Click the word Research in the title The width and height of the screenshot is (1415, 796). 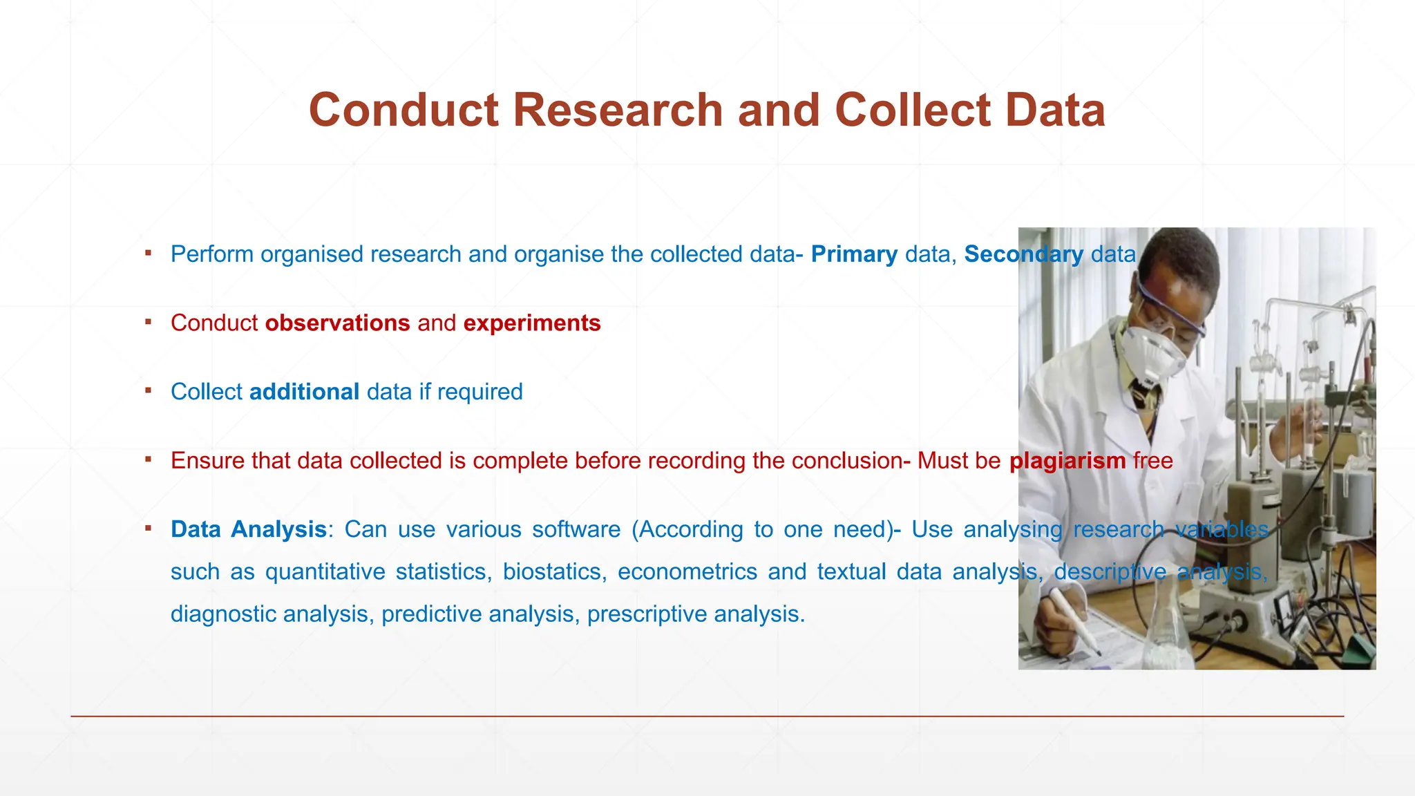[617, 111]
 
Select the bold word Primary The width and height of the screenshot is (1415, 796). [854, 254]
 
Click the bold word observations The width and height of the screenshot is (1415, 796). [337, 323]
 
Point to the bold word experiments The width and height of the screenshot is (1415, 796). [532, 323]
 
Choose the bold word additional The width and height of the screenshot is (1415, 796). [304, 392]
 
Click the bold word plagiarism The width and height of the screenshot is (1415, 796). [1067, 461]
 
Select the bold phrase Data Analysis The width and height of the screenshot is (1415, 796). [248, 529]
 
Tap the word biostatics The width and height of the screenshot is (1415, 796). [555, 572]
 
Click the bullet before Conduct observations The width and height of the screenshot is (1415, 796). [148, 322]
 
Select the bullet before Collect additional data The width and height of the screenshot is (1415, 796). [148, 390]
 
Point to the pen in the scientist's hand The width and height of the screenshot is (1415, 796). [1075, 619]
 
